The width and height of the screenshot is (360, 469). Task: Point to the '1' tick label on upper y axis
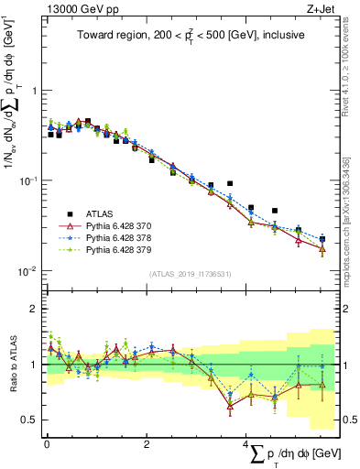click(34, 91)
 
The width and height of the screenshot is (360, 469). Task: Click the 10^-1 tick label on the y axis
click(28, 180)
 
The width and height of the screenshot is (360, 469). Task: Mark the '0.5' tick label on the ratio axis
click(30, 420)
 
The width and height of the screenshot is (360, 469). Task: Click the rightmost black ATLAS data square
click(322, 239)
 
